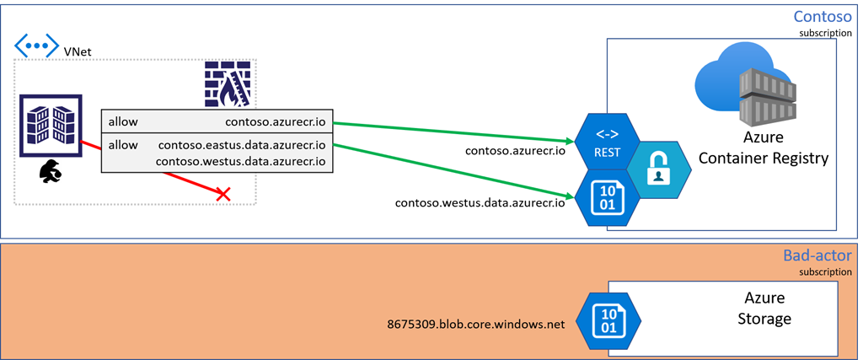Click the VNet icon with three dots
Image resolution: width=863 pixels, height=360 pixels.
pyautogui.click(x=36, y=46)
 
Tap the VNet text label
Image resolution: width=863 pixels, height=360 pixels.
pyautogui.click(x=78, y=52)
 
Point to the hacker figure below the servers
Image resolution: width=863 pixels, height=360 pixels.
pyautogui.click(x=51, y=173)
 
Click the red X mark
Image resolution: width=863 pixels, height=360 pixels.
pyautogui.click(x=223, y=195)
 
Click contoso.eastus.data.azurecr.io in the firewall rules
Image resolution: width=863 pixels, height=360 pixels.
pyautogui.click(x=242, y=145)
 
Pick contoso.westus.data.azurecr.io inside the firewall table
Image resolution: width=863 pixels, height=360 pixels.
pyautogui.click(x=241, y=161)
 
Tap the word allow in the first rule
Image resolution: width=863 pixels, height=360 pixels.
pyautogui.click(x=123, y=121)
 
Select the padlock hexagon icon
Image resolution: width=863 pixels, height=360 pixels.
pyautogui.click(x=659, y=169)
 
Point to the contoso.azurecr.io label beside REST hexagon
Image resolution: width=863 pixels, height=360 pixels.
pyautogui.click(x=515, y=152)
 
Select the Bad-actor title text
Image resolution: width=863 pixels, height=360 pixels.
pyautogui.click(x=817, y=256)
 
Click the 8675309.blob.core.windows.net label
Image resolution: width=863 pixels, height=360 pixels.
pyautogui.click(x=474, y=322)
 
